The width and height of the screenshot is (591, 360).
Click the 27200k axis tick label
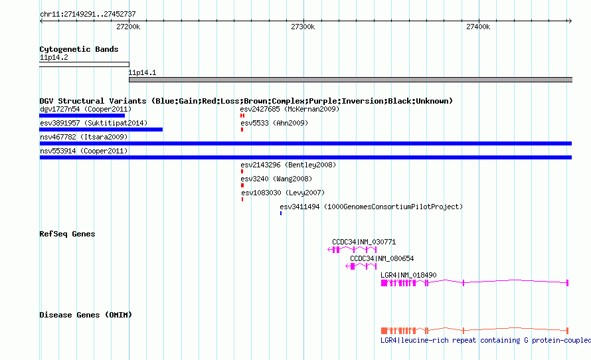tap(128, 27)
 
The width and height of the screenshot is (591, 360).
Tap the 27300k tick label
tap(303, 27)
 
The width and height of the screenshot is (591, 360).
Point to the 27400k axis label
tap(478, 27)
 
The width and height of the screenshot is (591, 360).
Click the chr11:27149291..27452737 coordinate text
tap(88, 15)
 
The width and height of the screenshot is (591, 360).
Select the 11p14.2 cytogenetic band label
tap(54, 57)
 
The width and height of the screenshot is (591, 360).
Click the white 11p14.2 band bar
tap(84, 64)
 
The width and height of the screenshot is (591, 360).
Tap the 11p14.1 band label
tap(142, 72)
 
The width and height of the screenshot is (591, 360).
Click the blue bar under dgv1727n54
tap(82, 116)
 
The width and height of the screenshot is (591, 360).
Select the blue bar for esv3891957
tap(101, 130)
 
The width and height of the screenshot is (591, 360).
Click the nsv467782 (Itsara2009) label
tap(84, 137)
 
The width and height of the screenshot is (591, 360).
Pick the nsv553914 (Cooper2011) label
tap(84, 151)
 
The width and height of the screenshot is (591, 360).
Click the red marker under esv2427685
tap(242, 116)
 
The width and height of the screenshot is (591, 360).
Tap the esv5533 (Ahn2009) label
tap(274, 123)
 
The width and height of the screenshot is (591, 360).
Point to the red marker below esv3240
tap(242, 185)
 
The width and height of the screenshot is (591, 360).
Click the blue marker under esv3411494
tap(281, 213)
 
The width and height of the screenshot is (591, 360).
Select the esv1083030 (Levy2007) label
tap(283, 193)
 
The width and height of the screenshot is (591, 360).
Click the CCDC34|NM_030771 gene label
tap(364, 242)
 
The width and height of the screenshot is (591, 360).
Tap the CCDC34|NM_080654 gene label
tap(382, 258)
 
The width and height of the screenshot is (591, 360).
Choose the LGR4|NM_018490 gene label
tap(408, 275)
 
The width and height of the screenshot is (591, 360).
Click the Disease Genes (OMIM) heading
tap(86, 315)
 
